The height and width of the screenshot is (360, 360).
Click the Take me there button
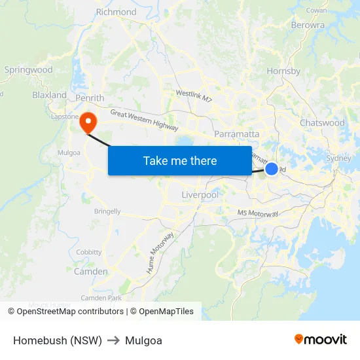click(x=180, y=160)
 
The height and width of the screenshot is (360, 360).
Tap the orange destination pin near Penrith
click(x=87, y=122)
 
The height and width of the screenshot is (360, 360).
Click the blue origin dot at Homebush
click(x=272, y=169)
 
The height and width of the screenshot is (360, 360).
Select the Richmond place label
click(x=116, y=12)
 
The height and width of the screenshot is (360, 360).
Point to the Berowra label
click(x=308, y=25)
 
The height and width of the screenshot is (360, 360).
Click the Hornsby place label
click(x=283, y=71)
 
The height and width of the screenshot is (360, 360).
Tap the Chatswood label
click(x=322, y=122)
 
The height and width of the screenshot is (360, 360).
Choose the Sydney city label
click(x=338, y=158)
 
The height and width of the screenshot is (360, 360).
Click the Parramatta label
click(x=236, y=134)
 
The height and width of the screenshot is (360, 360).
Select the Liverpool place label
click(x=200, y=195)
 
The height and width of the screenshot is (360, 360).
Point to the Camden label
click(x=90, y=271)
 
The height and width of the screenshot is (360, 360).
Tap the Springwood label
click(x=28, y=69)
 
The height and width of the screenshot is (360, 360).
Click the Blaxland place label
click(x=50, y=95)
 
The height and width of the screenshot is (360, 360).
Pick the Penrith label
click(x=90, y=98)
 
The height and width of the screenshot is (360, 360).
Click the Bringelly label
click(x=107, y=211)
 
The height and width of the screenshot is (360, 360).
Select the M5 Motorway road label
click(x=258, y=213)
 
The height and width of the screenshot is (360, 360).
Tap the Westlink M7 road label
click(x=194, y=96)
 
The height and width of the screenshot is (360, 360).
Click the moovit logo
click(x=320, y=339)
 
